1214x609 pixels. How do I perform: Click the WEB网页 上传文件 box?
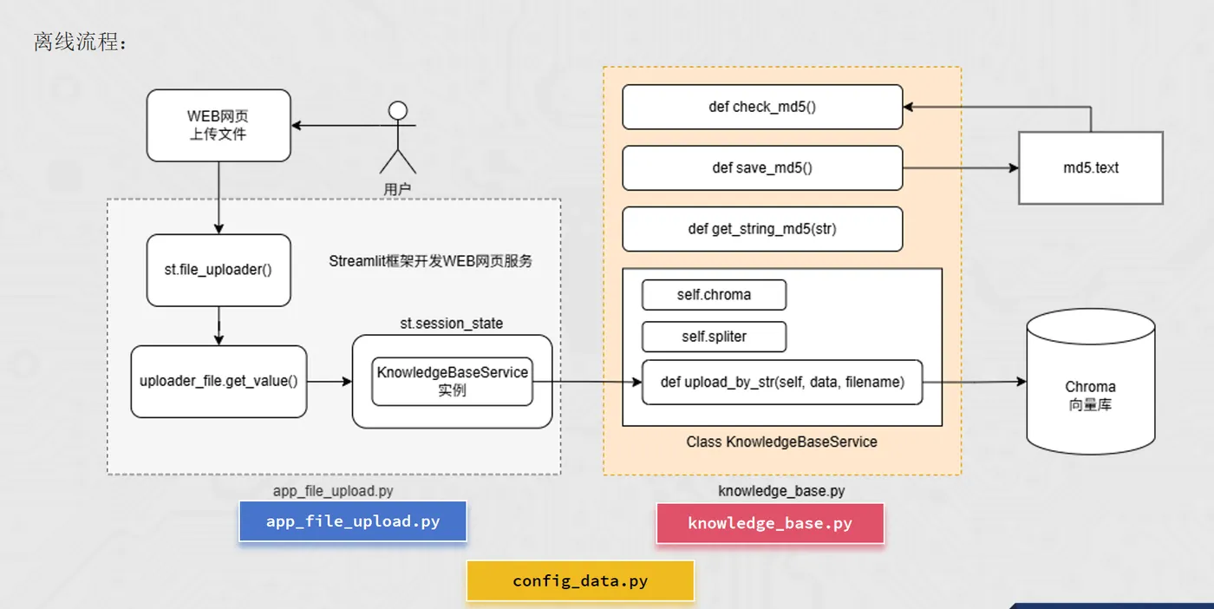click(x=218, y=125)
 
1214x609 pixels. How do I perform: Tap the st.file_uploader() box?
click(x=218, y=270)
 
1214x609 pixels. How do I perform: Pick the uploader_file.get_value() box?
click(x=219, y=381)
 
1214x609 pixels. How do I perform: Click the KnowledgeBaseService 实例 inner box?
click(x=452, y=381)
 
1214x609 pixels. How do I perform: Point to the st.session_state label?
click(x=451, y=323)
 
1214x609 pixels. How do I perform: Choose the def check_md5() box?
click(x=762, y=107)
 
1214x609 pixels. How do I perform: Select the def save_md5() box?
click(x=762, y=167)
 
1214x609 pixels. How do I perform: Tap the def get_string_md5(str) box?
click(x=762, y=229)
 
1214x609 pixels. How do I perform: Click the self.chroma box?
click(x=714, y=295)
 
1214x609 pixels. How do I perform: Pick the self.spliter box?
click(x=714, y=337)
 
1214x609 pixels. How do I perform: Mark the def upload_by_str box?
click(x=781, y=382)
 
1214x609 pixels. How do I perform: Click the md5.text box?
click(x=1090, y=167)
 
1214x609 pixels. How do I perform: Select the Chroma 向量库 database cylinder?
click(x=1090, y=387)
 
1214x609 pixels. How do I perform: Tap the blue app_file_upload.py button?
click(x=353, y=521)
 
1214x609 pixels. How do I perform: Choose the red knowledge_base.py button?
click(x=769, y=523)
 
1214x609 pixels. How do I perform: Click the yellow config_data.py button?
click(x=580, y=580)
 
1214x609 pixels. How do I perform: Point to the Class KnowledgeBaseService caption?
click(x=781, y=442)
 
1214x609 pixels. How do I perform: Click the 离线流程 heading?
click(x=80, y=42)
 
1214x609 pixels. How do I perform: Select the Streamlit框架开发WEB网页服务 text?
click(x=430, y=261)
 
